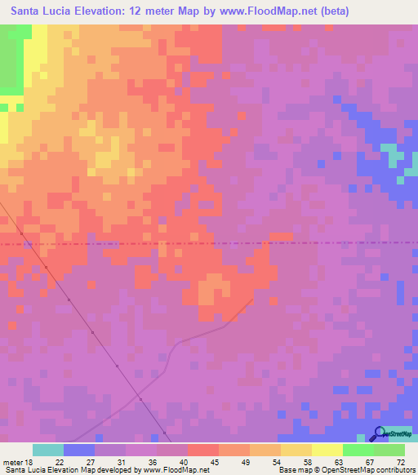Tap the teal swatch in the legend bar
[48, 450]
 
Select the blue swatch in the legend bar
[79, 450]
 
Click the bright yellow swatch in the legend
[327, 450]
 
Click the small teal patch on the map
[395, 154]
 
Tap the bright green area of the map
[10, 65]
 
